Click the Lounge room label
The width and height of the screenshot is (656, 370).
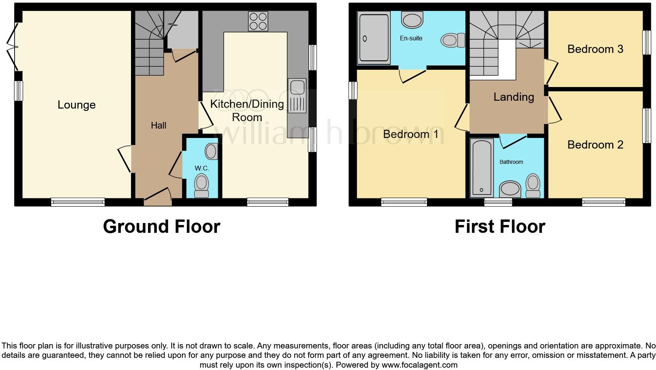(77, 105)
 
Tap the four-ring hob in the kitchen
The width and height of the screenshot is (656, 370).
(258, 21)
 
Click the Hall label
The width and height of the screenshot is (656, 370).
(159, 125)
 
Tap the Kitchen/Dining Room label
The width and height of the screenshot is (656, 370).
(247, 110)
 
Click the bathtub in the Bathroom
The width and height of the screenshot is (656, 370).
(481, 168)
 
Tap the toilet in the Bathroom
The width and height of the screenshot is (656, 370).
(533, 186)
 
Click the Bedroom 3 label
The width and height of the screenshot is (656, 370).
(595, 49)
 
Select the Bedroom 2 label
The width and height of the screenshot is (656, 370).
(595, 145)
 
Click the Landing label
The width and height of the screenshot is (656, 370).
(514, 97)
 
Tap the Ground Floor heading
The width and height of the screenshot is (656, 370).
(162, 227)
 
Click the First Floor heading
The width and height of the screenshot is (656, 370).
(500, 227)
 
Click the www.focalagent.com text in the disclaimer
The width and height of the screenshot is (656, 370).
(419, 365)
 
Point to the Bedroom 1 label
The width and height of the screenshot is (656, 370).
(411, 134)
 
